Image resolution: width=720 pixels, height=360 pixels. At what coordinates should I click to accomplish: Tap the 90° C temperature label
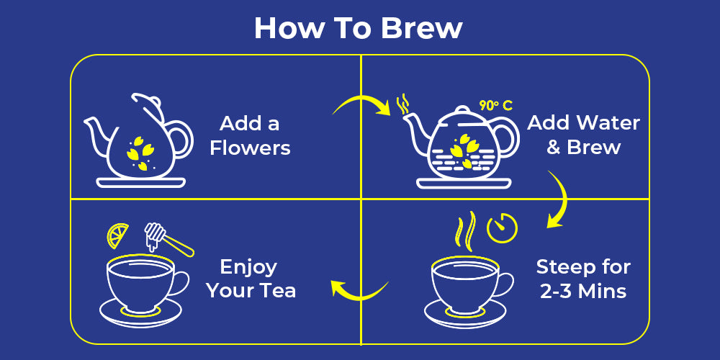[x=495, y=106]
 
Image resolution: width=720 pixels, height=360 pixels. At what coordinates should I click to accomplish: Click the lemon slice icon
[x=117, y=235]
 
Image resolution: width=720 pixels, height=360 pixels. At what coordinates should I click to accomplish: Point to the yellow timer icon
[x=502, y=228]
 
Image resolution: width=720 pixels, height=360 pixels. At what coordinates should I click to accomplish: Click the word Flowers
[x=251, y=148]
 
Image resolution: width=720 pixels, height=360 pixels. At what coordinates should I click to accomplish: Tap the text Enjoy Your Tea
[x=251, y=279]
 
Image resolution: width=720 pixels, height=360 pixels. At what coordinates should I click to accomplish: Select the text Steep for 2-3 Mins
[x=583, y=279]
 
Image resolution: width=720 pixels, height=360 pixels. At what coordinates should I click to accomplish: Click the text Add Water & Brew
[x=584, y=135]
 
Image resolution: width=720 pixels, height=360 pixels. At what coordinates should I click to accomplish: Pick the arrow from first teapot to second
[x=361, y=99]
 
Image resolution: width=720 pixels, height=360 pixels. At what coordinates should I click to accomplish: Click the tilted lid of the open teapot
[x=148, y=107]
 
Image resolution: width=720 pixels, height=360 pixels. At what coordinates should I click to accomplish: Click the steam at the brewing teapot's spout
[x=402, y=104]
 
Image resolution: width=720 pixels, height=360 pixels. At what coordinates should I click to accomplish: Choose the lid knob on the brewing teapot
[x=462, y=109]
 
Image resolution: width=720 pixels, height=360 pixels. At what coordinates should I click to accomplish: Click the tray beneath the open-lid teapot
[x=141, y=183]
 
